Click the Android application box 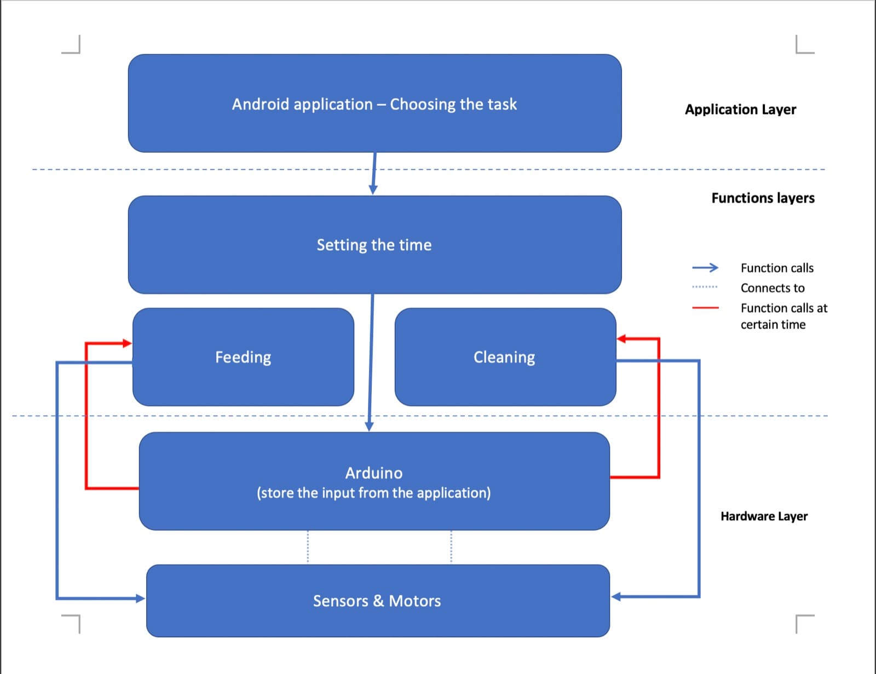click(374, 103)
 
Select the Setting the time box click(374, 245)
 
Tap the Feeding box click(243, 357)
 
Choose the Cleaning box click(505, 357)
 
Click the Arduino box click(374, 481)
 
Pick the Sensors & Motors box click(378, 601)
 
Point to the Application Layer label click(741, 110)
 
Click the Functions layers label click(763, 198)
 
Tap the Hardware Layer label click(764, 516)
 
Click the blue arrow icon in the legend click(705, 267)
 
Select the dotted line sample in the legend click(705, 287)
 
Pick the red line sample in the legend click(705, 308)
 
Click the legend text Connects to click(773, 288)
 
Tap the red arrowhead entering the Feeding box click(128, 343)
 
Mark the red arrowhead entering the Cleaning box click(621, 338)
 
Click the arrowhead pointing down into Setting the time click(373, 189)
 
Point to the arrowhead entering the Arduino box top click(369, 427)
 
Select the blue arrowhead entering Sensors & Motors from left click(141, 598)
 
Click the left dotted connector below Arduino click(308, 547)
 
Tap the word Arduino click(374, 473)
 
